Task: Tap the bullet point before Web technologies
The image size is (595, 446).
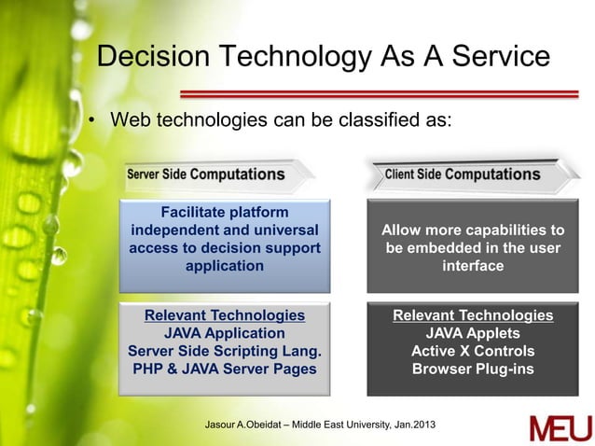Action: (92, 121)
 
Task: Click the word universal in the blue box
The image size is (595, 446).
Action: (277, 230)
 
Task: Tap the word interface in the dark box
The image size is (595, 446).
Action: (473, 266)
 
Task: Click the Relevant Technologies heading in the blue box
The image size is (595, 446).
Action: (224, 315)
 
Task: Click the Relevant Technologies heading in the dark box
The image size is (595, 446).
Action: (473, 315)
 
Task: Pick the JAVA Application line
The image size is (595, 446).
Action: (224, 333)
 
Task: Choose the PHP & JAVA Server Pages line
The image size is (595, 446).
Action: (224, 369)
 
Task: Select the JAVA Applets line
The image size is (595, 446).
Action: (473, 333)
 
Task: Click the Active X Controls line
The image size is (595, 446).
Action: (473, 351)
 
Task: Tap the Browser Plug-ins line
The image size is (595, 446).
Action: (473, 369)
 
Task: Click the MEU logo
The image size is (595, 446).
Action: (560, 428)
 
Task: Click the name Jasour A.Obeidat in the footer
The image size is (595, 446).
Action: (245, 427)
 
